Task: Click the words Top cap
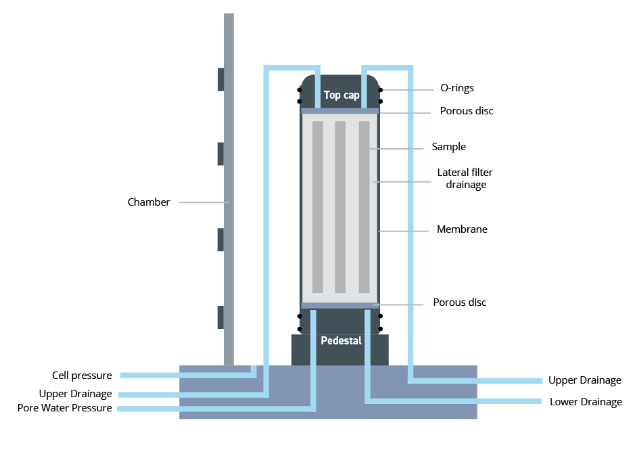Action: pyautogui.click(x=341, y=95)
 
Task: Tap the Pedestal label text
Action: pyautogui.click(x=341, y=340)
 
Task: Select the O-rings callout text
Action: pyautogui.click(x=457, y=88)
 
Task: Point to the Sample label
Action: pyautogui.click(x=449, y=147)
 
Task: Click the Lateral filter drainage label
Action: pyautogui.click(x=465, y=179)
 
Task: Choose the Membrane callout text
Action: pyautogui.click(x=462, y=229)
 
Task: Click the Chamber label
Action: pyautogui.click(x=149, y=202)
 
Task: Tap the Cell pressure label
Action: pyautogui.click(x=82, y=375)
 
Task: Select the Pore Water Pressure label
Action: pyautogui.click(x=65, y=408)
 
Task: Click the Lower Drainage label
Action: pyautogui.click(x=586, y=402)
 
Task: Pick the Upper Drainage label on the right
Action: pyautogui.click(x=585, y=380)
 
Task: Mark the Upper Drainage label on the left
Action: pyautogui.click(x=75, y=394)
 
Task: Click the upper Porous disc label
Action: pyautogui.click(x=467, y=110)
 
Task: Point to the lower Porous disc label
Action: pyautogui.click(x=460, y=302)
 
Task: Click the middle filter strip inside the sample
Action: pyautogui.click(x=340, y=206)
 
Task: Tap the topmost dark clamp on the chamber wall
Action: pyautogui.click(x=220, y=79)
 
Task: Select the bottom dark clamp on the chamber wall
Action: pyautogui.click(x=220, y=317)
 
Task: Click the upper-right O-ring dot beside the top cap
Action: pyautogui.click(x=381, y=89)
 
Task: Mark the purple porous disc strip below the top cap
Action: pyautogui.click(x=339, y=111)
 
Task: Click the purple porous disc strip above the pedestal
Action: pyautogui.click(x=339, y=305)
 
